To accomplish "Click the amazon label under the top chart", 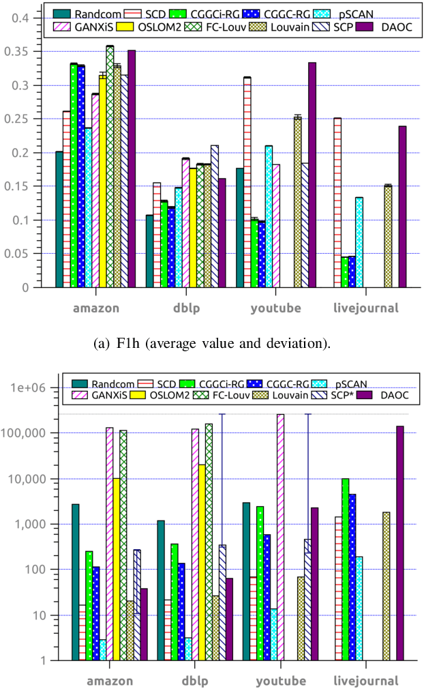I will tap(96, 308).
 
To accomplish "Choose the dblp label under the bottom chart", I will tap(196, 681).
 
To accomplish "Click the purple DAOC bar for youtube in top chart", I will tap(312, 175).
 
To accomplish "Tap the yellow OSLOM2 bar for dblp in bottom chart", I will tap(202, 562).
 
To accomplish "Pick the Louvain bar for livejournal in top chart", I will tap(387, 236).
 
